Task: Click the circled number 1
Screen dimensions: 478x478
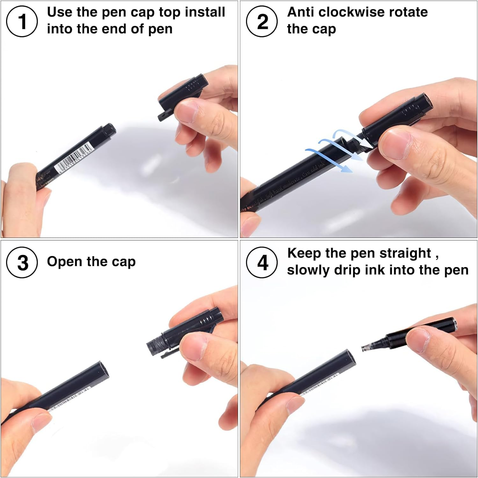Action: pos(22,22)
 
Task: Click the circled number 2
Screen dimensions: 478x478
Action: pos(262,22)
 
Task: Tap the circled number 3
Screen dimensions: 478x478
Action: pos(22,263)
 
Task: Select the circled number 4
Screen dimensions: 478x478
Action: pos(262,263)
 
